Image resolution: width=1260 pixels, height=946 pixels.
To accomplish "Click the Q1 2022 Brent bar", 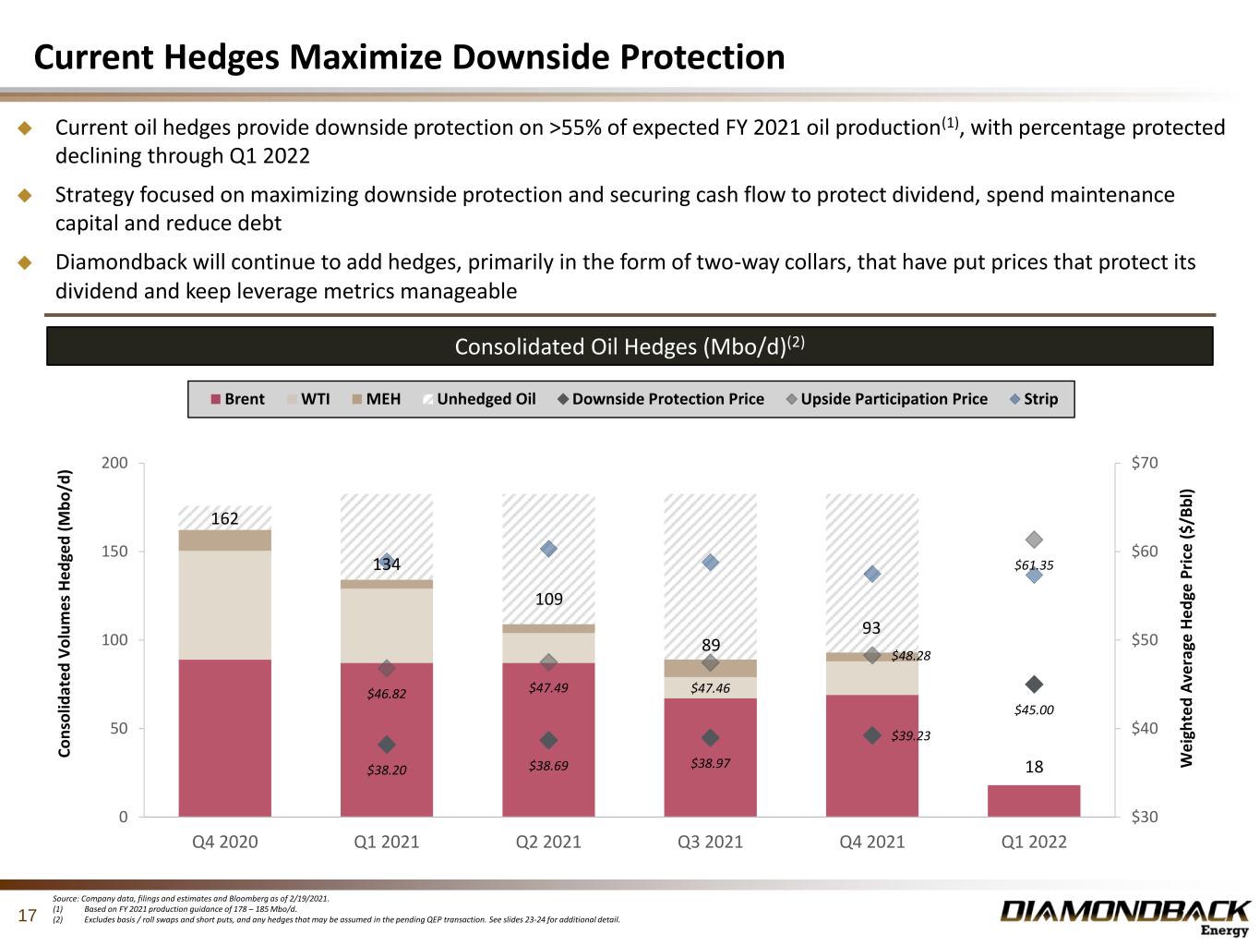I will pyautogui.click(x=1034, y=801).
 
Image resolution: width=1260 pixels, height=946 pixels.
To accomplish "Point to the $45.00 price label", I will pyautogui.click(x=1034, y=710).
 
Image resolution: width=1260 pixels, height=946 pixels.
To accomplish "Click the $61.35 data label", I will pyautogui.click(x=1034, y=565).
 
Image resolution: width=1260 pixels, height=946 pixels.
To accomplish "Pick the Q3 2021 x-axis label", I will pyautogui.click(x=710, y=842).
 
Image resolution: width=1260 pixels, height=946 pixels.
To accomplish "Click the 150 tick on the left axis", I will pyautogui.click(x=115, y=552).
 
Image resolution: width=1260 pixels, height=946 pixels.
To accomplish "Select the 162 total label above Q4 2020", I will pyautogui.click(x=224, y=518).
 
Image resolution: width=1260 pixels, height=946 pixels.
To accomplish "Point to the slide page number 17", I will pyautogui.click(x=28, y=916).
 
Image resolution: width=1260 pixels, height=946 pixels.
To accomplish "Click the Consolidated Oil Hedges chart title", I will pyautogui.click(x=630, y=346).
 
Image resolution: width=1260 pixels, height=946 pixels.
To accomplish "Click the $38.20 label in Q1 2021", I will pyautogui.click(x=387, y=769).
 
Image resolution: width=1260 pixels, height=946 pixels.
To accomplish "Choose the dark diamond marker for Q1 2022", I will pyautogui.click(x=1034, y=685).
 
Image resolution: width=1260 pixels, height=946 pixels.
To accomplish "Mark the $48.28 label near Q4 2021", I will pyautogui.click(x=911, y=656).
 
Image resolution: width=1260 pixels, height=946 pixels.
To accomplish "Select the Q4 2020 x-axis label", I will pyautogui.click(x=224, y=842).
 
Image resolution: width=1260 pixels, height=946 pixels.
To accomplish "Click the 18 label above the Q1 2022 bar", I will pyautogui.click(x=1034, y=767).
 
